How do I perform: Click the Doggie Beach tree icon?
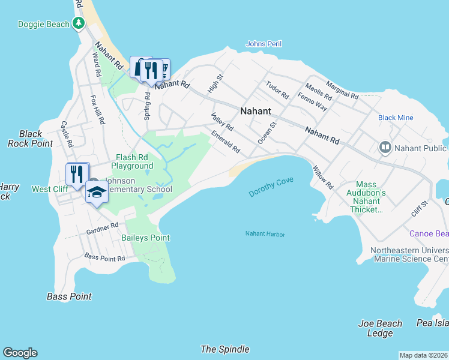pyautogui.click(x=77, y=23)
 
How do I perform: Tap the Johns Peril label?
pyautogui.click(x=264, y=44)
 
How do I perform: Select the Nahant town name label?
pyautogui.click(x=256, y=111)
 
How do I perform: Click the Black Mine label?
pyautogui.click(x=396, y=118)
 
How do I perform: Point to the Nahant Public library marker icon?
pyautogui.click(x=385, y=147)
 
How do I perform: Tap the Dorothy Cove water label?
pyautogui.click(x=271, y=186)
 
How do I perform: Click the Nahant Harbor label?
pyautogui.click(x=265, y=234)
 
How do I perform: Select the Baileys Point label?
pyautogui.click(x=145, y=238)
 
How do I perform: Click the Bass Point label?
pyautogui.click(x=69, y=296)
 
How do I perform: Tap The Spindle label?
pyautogui.click(x=225, y=349)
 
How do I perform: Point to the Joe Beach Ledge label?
pyautogui.click(x=380, y=328)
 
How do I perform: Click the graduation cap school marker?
pyautogui.click(x=96, y=191)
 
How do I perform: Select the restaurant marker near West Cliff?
pyautogui.click(x=76, y=174)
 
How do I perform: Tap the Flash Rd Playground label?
pyautogui.click(x=132, y=161)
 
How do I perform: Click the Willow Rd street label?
pyautogui.click(x=322, y=179)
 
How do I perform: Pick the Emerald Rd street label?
pyautogui.click(x=226, y=142)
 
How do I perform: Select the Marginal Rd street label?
pyautogui.click(x=342, y=91)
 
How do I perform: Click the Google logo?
pyautogui.click(x=20, y=353)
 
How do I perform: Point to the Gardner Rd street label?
pyautogui.click(x=102, y=228)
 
